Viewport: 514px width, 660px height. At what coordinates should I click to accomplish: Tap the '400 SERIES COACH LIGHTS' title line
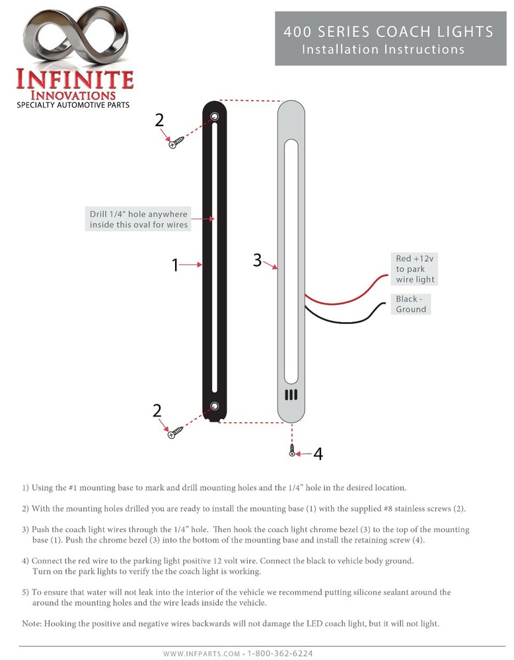pyautogui.click(x=388, y=32)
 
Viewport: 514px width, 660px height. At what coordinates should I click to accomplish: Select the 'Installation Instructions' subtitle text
pyautogui.click(x=383, y=49)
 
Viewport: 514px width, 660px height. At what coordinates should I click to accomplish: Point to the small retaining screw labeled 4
pyautogui.click(x=291, y=452)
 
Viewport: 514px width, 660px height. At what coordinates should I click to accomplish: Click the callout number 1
pyautogui.click(x=175, y=265)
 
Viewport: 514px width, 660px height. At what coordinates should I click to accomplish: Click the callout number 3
pyautogui.click(x=257, y=260)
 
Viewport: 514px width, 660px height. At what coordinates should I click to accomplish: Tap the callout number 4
pyautogui.click(x=318, y=454)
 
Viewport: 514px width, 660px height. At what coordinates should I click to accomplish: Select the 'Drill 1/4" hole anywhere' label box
pyautogui.click(x=139, y=220)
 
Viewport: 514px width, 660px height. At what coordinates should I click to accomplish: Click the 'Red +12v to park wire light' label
pyautogui.click(x=415, y=269)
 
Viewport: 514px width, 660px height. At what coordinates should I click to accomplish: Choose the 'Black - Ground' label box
pyautogui.click(x=411, y=304)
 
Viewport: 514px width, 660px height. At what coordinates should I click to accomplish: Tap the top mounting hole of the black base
pyautogui.click(x=214, y=117)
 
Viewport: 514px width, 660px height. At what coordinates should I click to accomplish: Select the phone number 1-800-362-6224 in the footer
pyautogui.click(x=280, y=653)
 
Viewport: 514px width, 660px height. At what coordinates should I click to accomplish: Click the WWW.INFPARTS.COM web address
pyautogui.click(x=202, y=653)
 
